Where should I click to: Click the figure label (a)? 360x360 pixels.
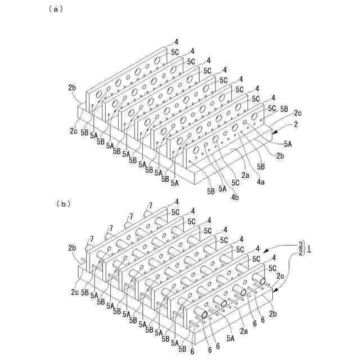pyautogui.click(x=56, y=8)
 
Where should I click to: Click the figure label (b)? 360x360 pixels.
pyautogui.click(x=63, y=204)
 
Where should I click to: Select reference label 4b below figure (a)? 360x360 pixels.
pyautogui.click(x=234, y=198)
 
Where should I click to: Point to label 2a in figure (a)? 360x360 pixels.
pyautogui.click(x=245, y=175)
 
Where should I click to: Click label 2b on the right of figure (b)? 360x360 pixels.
pyautogui.click(x=274, y=312)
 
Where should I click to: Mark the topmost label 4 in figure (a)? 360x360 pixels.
pyautogui.click(x=176, y=41)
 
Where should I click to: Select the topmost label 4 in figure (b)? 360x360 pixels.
pyautogui.click(x=176, y=201)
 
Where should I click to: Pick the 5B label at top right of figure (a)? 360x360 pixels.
pyautogui.click(x=285, y=107)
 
